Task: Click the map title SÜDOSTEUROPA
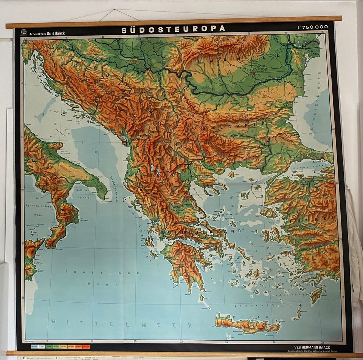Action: point(173,29)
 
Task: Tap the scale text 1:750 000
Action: point(312,27)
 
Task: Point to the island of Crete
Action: point(246,324)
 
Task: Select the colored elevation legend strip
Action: point(59,346)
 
